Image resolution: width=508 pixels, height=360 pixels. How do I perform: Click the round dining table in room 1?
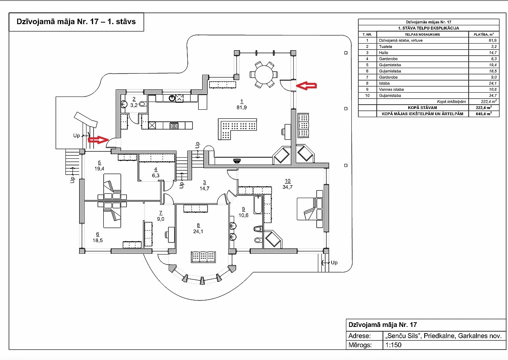pyautogui.click(x=264, y=74)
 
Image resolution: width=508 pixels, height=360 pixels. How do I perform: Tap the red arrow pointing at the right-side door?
pyautogui.click(x=306, y=86)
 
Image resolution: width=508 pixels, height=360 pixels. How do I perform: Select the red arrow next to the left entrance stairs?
pyautogui.click(x=98, y=140)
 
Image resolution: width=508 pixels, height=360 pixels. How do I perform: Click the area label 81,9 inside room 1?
pyautogui.click(x=242, y=107)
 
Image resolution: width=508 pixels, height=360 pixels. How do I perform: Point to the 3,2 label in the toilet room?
pyautogui.click(x=134, y=105)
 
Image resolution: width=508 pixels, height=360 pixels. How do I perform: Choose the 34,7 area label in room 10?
pyautogui.click(x=288, y=187)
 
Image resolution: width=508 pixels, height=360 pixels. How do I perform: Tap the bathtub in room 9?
pyautogui.click(x=258, y=205)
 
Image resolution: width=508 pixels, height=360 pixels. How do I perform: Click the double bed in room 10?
pyautogui.click(x=310, y=209)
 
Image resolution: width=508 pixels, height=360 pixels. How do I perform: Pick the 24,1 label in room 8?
pyautogui.click(x=198, y=232)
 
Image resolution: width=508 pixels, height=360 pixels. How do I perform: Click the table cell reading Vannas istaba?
pyautogui.click(x=391, y=90)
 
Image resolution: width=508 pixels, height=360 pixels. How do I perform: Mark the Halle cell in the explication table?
pyautogui.click(x=383, y=53)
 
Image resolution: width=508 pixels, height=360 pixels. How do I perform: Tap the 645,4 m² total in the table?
pyautogui.click(x=484, y=114)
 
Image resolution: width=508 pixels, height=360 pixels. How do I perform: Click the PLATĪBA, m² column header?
pyautogui.click(x=483, y=34)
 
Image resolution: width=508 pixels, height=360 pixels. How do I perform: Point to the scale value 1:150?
pyautogui.click(x=393, y=345)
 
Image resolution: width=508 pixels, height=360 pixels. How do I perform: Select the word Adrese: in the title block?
pyautogui.click(x=360, y=336)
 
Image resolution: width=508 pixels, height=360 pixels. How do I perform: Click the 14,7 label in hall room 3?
pyautogui.click(x=205, y=188)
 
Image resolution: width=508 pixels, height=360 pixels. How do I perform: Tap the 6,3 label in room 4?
pyautogui.click(x=155, y=176)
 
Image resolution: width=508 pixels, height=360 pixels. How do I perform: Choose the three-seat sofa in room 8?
pyautogui.click(x=203, y=257)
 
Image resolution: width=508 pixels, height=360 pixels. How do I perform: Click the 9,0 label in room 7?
pyautogui.click(x=161, y=219)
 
